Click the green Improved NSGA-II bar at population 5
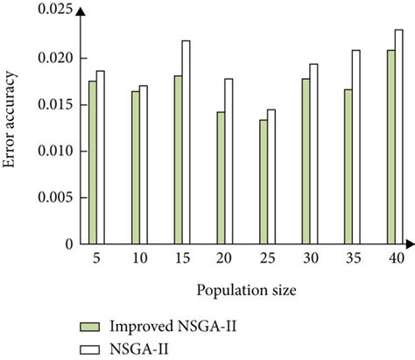tap(93, 163)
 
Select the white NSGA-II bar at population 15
tap(186, 143)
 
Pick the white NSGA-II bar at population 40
tap(398, 137)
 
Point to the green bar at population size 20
tap(221, 179)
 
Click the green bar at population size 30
tap(306, 162)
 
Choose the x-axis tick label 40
tap(395, 260)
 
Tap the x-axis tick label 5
tap(97, 260)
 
